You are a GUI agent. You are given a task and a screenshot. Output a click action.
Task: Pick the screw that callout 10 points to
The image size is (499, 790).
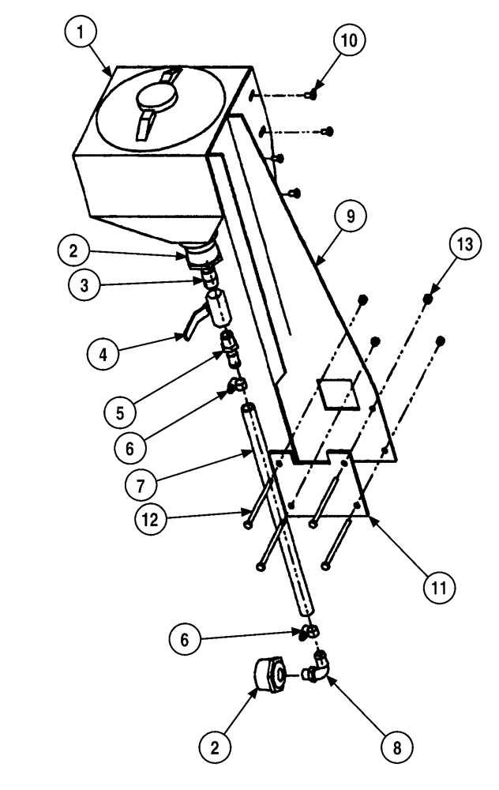click(312, 95)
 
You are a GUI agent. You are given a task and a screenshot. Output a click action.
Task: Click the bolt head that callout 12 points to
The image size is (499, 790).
click(249, 522)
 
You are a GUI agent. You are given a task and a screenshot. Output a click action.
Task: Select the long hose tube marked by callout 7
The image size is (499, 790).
click(280, 506)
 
